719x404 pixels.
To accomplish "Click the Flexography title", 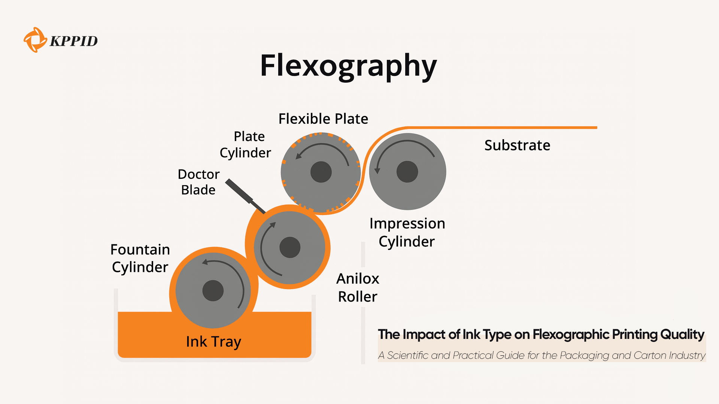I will pyautogui.click(x=348, y=66).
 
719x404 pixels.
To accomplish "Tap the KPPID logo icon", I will pyautogui.click(x=35, y=40).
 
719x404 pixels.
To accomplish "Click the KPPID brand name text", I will pyautogui.click(x=74, y=41).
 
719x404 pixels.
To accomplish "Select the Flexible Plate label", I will pyautogui.click(x=323, y=119).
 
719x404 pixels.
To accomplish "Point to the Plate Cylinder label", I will pyautogui.click(x=246, y=144).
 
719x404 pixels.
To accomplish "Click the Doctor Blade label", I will pyautogui.click(x=198, y=182).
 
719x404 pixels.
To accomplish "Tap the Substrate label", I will pyautogui.click(x=517, y=145).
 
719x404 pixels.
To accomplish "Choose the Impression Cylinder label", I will pyautogui.click(x=407, y=232).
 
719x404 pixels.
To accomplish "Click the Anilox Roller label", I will pyautogui.click(x=358, y=287).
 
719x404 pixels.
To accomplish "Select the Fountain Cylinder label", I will pyautogui.click(x=140, y=258).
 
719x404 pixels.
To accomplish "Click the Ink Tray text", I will pyautogui.click(x=213, y=342).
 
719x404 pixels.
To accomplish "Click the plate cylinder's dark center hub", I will pyautogui.click(x=321, y=172).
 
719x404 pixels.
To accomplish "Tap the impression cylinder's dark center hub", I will pyautogui.click(x=407, y=172).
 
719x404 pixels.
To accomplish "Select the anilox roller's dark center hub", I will pyautogui.click(x=290, y=247).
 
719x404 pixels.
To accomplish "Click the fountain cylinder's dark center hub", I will pyautogui.click(x=213, y=291).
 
